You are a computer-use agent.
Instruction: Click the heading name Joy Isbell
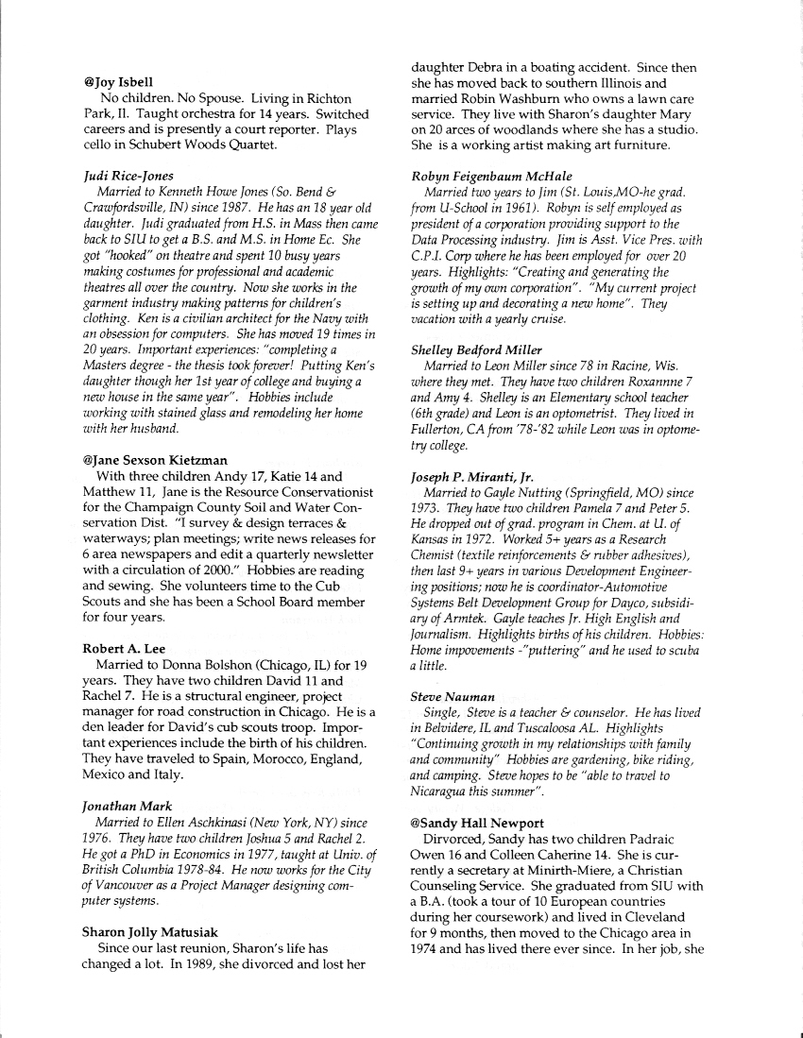(x=126, y=82)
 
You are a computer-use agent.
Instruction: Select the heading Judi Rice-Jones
(x=129, y=175)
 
